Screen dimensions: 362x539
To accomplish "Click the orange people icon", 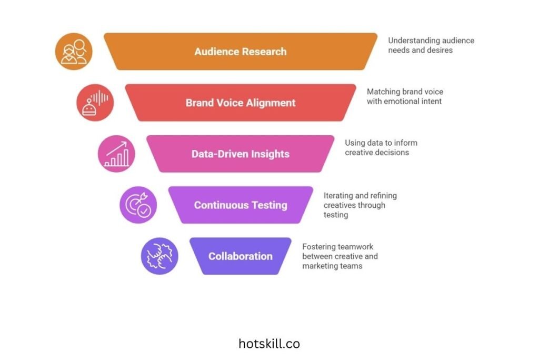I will point(74,52).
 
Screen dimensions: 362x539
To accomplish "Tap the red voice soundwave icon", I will point(95,103).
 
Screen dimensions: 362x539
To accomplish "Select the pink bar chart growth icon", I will point(116,154).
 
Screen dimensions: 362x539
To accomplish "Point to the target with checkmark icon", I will point(138,205).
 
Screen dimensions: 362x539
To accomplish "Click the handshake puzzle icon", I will point(159,256).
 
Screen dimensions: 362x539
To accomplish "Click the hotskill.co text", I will point(269,344).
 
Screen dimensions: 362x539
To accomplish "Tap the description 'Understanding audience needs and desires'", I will point(431,45).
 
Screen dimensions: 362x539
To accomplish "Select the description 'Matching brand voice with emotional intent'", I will point(405,96).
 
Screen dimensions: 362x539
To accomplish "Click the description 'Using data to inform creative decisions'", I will point(381,147).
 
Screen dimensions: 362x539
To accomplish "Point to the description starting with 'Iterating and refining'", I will point(360,205).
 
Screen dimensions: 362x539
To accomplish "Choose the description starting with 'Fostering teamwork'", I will point(340,256).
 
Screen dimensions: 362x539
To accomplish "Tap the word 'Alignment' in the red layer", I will point(270,103).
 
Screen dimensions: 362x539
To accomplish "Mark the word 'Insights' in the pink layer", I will point(269,154).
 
